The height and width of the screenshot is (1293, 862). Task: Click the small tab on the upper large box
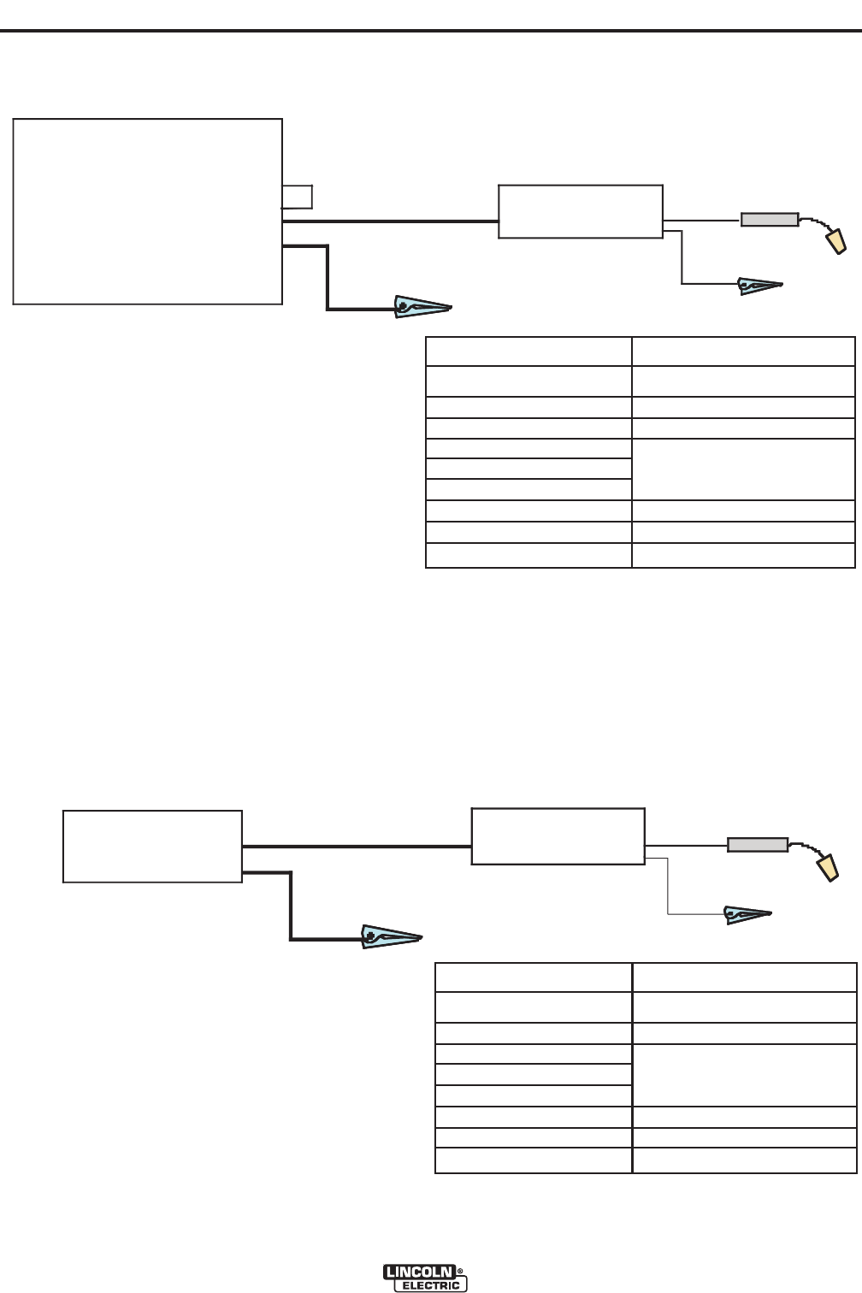point(298,196)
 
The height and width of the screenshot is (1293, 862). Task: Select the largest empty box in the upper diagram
point(147,211)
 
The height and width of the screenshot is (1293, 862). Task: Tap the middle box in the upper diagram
point(580,210)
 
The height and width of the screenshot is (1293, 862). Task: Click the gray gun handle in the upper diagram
point(769,220)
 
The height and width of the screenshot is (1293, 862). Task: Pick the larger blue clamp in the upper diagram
point(422,306)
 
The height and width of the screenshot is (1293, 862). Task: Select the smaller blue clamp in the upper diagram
point(760,284)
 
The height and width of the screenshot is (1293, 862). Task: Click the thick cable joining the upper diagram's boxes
point(390,221)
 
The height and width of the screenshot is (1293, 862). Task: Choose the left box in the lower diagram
point(152,846)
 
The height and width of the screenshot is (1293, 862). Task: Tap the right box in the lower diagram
point(558,835)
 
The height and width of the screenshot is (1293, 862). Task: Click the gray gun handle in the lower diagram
point(757,845)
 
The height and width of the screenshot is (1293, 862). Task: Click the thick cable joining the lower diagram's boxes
point(357,847)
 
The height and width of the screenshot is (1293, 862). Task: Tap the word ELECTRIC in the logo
point(430,1285)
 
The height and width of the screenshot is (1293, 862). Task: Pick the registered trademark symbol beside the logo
point(461,1271)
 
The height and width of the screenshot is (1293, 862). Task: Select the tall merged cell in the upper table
point(743,469)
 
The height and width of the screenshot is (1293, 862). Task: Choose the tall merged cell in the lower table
point(744,1075)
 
